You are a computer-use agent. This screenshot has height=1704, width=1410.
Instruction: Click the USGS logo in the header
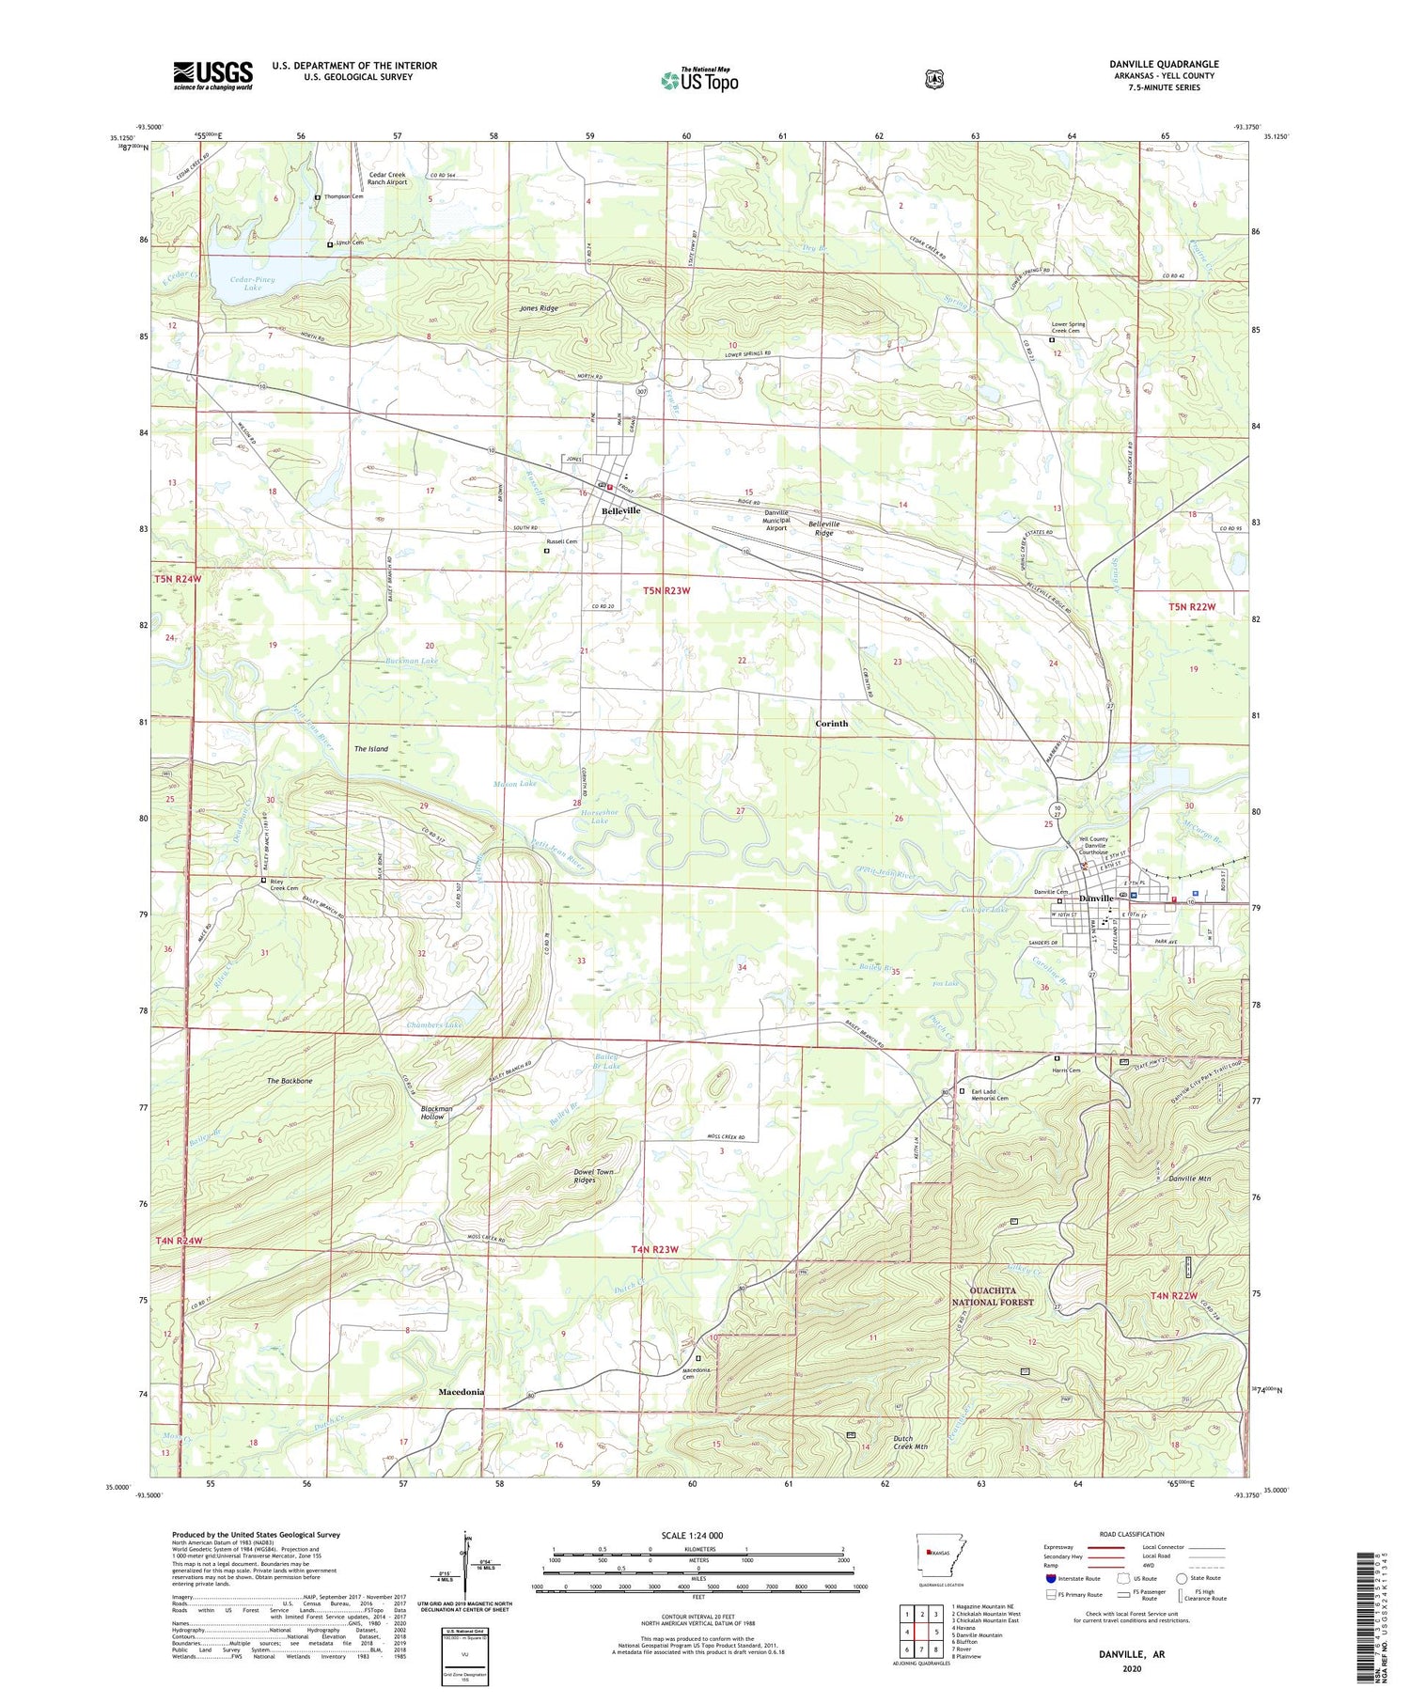(212, 75)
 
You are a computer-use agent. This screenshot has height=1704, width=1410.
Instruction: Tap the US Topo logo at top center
(699, 80)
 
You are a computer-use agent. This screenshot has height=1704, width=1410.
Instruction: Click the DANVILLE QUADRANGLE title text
(1163, 64)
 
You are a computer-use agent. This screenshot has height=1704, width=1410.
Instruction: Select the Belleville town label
(620, 510)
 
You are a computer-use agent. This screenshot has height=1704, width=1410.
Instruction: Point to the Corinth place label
(831, 724)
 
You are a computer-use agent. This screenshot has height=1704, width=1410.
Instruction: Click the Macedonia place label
(461, 1392)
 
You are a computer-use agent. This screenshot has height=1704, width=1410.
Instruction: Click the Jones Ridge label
(539, 308)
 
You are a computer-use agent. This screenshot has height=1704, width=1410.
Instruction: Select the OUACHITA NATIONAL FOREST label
(993, 1296)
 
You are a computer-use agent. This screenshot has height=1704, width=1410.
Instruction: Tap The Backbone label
(289, 1082)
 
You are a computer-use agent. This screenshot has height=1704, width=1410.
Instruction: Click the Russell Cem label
(562, 541)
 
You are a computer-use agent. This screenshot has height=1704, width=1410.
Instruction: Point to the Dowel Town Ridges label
(593, 1176)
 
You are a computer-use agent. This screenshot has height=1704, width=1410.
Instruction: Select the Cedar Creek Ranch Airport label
(387, 179)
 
